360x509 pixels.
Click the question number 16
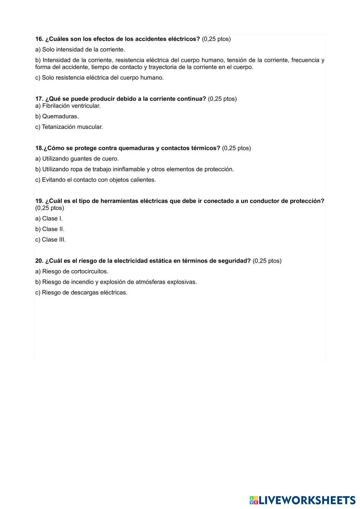(39, 39)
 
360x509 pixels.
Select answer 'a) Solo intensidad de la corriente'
(80, 50)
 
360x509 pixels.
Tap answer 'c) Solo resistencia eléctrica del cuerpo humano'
(99, 78)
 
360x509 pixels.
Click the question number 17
(39, 99)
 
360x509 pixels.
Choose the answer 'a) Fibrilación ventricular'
(68, 106)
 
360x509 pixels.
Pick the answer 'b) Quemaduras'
(57, 117)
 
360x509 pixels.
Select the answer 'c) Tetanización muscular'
(69, 127)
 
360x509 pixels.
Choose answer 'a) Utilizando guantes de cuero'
(77, 159)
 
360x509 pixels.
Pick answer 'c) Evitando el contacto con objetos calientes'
(95, 180)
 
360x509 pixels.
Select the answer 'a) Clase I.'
(49, 219)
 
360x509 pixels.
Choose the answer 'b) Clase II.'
(50, 229)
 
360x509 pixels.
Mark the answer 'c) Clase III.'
(50, 240)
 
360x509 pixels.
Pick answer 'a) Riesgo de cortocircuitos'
(72, 272)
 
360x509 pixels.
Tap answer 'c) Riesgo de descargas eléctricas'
(81, 293)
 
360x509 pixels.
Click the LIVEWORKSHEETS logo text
(307, 500)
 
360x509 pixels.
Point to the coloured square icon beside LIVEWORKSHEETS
(254, 500)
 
